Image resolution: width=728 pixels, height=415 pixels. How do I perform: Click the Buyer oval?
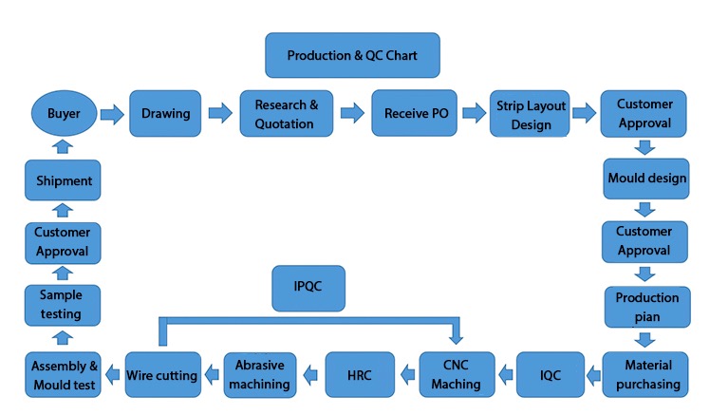tap(65, 113)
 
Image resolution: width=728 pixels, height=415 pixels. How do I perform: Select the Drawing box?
tap(165, 113)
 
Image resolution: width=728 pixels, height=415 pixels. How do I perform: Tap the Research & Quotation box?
tap(287, 113)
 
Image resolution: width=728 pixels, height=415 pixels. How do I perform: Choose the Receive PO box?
tap(414, 113)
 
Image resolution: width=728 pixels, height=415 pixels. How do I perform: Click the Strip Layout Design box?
tap(530, 114)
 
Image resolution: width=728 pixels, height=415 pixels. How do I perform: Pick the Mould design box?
tap(646, 179)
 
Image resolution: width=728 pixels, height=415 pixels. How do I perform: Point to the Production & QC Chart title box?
tap(352, 55)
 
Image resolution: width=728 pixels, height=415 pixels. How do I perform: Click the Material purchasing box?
tap(645, 374)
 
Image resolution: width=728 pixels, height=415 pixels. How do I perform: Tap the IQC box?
tap(551, 374)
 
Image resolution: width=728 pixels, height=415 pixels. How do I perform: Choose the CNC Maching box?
tap(457, 374)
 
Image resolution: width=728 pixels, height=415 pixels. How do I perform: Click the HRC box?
tap(360, 374)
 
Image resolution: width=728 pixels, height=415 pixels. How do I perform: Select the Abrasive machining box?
tap(260, 375)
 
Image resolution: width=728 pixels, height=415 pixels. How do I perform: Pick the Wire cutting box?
tap(163, 374)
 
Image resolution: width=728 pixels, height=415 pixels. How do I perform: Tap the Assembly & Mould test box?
tap(63, 374)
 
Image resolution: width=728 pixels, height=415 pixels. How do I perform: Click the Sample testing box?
tap(63, 306)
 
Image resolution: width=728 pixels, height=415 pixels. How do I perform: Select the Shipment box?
tap(63, 180)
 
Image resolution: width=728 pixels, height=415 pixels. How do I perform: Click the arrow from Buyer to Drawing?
tap(112, 113)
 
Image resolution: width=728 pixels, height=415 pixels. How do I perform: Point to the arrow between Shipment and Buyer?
tap(63, 147)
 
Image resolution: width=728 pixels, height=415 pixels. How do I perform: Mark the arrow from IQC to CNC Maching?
tap(506, 374)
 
